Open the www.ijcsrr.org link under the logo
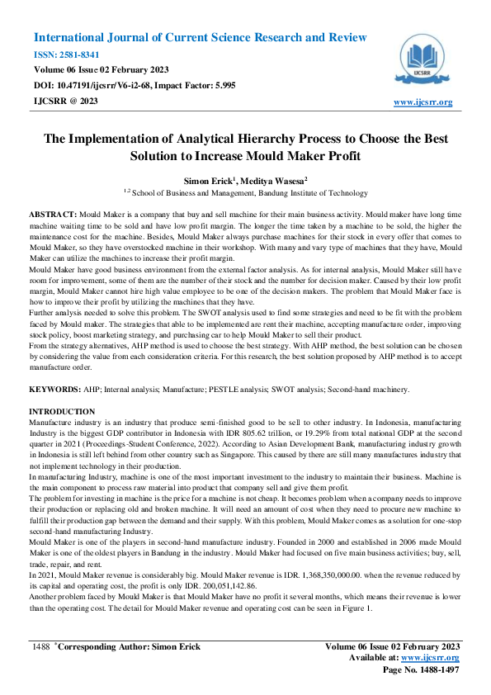[423, 102]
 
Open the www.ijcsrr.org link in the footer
[429, 658]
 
